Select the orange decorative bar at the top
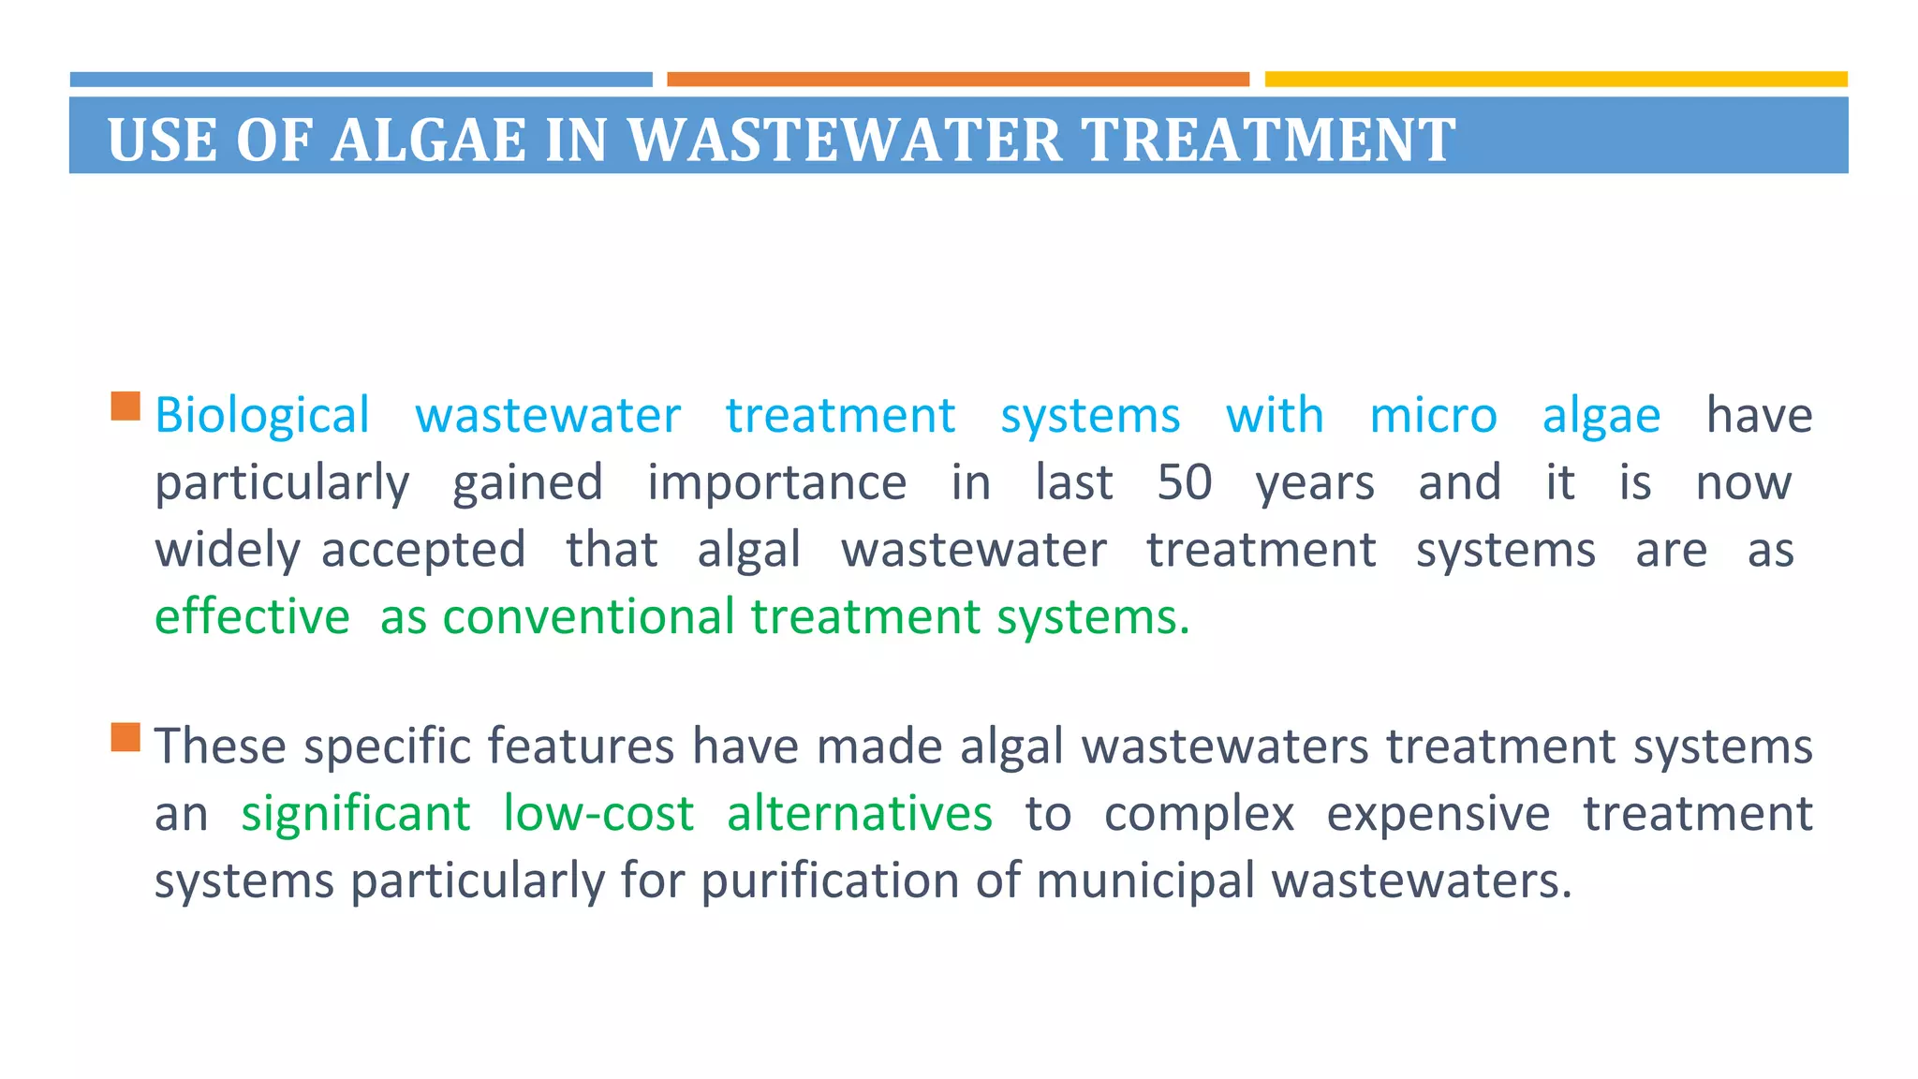click(x=957, y=80)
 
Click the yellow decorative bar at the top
click(x=1556, y=80)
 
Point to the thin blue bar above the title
click(x=361, y=80)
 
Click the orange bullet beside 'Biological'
click(x=125, y=406)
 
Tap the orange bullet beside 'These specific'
click(x=125, y=737)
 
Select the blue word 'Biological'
click(x=262, y=416)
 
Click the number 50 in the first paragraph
click(x=1185, y=483)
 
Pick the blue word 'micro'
click(x=1433, y=416)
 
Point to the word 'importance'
click(x=776, y=483)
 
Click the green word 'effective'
click(x=252, y=617)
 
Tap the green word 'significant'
click(x=356, y=814)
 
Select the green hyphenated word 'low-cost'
click(x=598, y=814)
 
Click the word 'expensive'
click(x=1438, y=814)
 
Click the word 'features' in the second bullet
click(x=581, y=746)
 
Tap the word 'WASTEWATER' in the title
click(x=844, y=140)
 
